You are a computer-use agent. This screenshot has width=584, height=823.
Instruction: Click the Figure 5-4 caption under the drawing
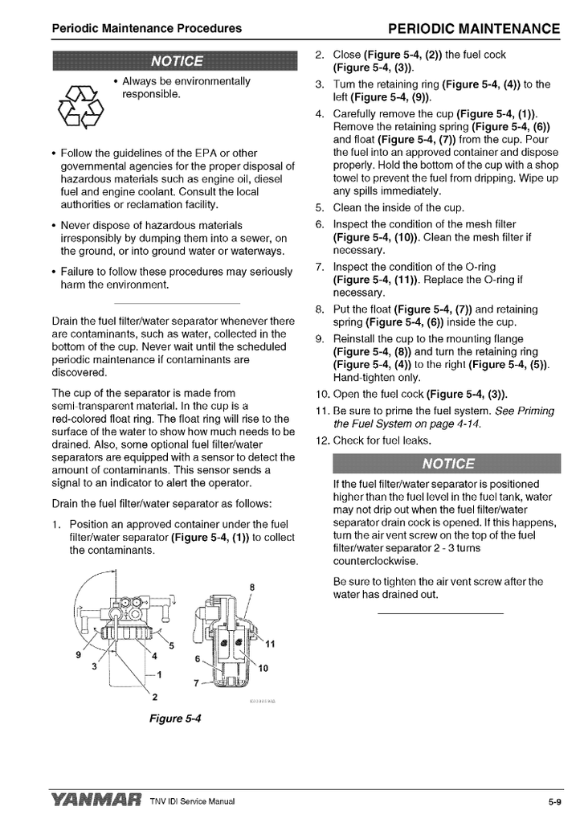coord(174,718)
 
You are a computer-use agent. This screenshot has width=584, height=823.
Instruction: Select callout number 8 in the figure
coord(252,586)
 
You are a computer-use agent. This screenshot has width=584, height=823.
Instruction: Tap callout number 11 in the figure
coord(270,643)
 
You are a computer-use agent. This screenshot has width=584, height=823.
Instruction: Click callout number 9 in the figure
coord(78,654)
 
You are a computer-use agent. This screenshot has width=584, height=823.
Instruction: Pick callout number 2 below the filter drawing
coord(155,695)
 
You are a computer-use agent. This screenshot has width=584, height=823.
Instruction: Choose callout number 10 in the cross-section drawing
coord(263,669)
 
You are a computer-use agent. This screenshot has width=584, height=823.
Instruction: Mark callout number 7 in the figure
coord(198,683)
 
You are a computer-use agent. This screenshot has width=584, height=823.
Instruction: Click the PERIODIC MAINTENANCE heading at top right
coord(473,29)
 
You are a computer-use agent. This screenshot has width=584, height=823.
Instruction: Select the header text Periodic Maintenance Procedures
coord(147,29)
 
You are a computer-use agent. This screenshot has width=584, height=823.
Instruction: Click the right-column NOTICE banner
coord(447,464)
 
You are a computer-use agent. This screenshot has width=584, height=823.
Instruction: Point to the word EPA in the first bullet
coord(203,153)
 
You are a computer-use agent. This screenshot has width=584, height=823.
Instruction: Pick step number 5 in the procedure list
coord(319,207)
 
